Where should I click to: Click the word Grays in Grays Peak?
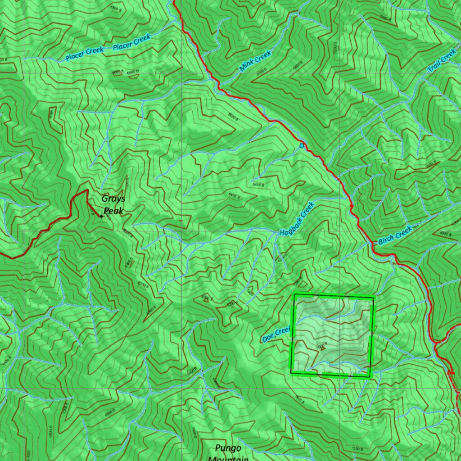click(x=113, y=199)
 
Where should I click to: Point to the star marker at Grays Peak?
click(x=101, y=217)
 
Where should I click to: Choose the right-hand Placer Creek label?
click(x=131, y=43)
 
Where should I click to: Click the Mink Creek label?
click(x=255, y=61)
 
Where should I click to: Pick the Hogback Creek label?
click(x=297, y=220)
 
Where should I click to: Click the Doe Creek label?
click(x=276, y=334)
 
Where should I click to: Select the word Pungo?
click(x=228, y=448)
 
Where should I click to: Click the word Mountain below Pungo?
click(x=228, y=458)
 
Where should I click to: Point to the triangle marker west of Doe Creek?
click(x=206, y=300)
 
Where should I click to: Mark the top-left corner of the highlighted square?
click(x=294, y=294)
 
